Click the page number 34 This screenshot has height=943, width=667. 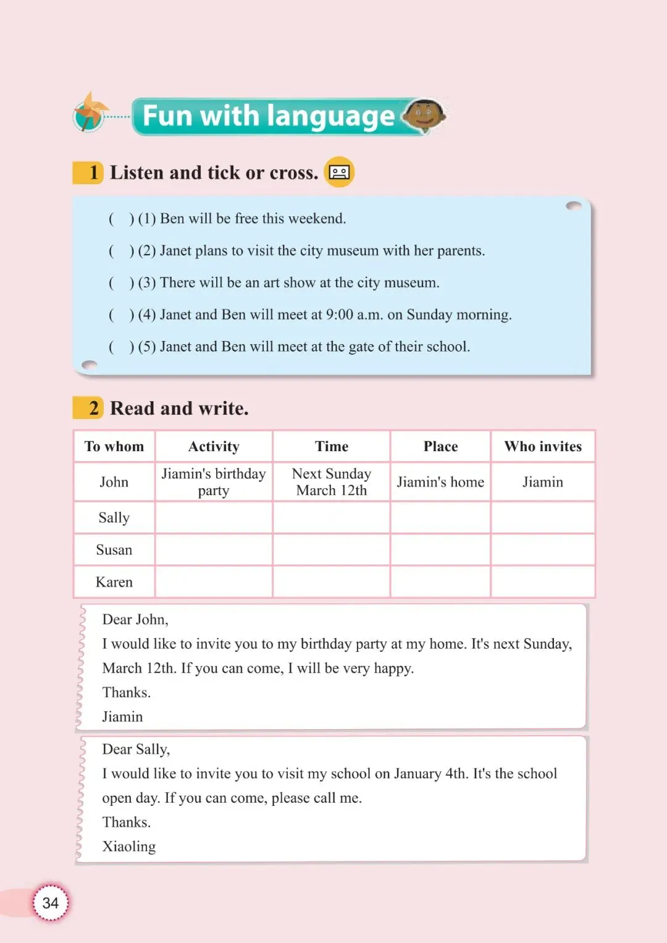click(x=51, y=903)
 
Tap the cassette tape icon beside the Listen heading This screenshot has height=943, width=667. click(x=339, y=172)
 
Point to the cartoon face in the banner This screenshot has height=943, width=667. click(x=425, y=115)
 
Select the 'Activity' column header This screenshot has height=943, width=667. click(x=214, y=446)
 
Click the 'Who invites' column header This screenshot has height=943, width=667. click(x=543, y=446)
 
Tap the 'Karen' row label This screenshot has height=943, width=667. click(x=114, y=582)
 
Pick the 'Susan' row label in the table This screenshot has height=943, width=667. click(x=114, y=550)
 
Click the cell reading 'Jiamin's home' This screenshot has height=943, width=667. click(x=440, y=482)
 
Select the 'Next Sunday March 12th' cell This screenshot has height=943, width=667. click(x=332, y=482)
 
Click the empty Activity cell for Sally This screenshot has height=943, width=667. click(x=214, y=518)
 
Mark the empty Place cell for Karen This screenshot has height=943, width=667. click(x=440, y=582)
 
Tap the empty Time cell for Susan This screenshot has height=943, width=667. click(x=332, y=550)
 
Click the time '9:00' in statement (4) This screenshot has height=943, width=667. click(x=340, y=315)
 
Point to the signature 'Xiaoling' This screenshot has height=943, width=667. click(x=129, y=847)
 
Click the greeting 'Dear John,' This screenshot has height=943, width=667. click(x=135, y=620)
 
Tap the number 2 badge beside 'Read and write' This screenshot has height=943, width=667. click(x=93, y=408)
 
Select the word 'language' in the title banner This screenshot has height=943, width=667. click(x=331, y=116)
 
